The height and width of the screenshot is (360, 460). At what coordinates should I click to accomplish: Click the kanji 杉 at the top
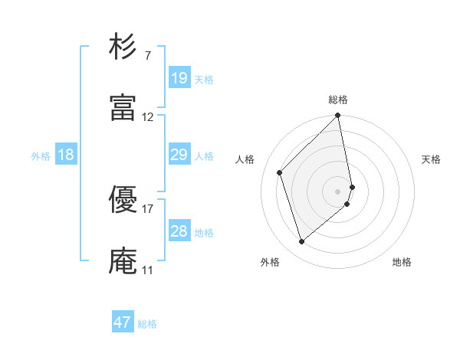pos(123,47)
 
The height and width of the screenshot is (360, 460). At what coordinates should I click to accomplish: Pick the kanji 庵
pos(123,261)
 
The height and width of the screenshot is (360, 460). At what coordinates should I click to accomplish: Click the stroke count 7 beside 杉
pos(147,55)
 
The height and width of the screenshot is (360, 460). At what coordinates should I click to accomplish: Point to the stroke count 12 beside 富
pos(148,117)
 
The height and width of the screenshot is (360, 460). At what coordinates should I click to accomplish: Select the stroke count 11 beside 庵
pos(148,270)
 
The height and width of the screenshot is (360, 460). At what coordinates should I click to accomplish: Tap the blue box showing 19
pos(179,78)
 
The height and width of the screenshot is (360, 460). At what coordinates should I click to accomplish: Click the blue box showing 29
pos(179,155)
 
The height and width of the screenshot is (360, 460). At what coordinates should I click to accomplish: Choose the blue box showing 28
pos(179,231)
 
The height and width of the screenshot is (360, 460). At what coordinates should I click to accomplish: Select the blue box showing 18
pos(66,155)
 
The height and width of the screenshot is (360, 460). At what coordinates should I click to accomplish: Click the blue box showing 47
pos(123,322)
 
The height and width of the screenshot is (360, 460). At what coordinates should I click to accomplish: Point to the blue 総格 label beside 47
pos(147,324)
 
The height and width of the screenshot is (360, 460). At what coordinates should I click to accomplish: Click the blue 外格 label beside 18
pos(41,156)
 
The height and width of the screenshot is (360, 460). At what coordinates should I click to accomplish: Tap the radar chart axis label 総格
pos(338,100)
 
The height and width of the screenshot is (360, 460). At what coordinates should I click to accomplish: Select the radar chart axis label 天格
pos(431,159)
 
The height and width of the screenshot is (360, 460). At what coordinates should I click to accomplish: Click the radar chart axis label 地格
pos(402,262)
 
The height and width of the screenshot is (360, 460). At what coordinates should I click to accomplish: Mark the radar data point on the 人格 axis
pos(280,172)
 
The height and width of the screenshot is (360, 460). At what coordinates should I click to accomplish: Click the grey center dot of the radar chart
pos(338,191)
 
